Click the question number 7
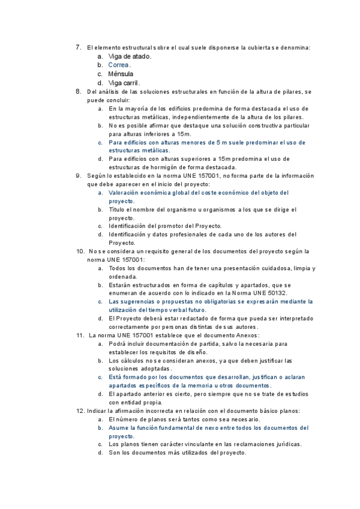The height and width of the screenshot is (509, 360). click(x=78, y=47)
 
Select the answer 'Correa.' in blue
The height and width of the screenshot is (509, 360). click(x=119, y=65)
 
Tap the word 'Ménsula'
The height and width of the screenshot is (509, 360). click(x=121, y=74)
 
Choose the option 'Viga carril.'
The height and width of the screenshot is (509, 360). click(x=124, y=83)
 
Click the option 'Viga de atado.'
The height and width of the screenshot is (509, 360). click(x=130, y=56)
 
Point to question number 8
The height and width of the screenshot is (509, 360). click(x=78, y=91)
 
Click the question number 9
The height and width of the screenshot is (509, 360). click(x=78, y=175)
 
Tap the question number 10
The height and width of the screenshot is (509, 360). click(x=79, y=251)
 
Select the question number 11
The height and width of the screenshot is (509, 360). click(x=79, y=335)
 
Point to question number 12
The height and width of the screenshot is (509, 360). click(x=80, y=411)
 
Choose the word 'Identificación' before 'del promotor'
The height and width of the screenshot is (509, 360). click(x=130, y=226)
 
